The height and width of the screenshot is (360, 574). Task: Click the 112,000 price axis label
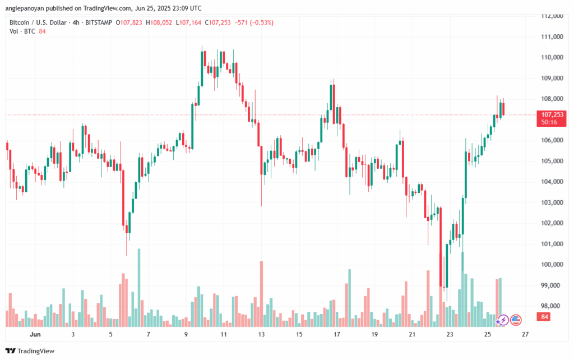click(552, 16)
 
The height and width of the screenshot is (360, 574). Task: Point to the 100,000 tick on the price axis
click(552, 265)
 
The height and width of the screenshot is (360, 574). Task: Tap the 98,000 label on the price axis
click(552, 306)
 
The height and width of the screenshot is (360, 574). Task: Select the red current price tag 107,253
click(552, 114)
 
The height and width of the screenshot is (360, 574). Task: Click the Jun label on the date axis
click(35, 334)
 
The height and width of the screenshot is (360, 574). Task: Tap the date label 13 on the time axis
click(261, 334)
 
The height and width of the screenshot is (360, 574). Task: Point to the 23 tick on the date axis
click(450, 334)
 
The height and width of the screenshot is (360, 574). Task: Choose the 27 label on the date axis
click(525, 334)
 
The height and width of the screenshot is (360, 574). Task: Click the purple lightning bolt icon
click(503, 320)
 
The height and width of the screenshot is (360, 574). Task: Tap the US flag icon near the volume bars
click(515, 320)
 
